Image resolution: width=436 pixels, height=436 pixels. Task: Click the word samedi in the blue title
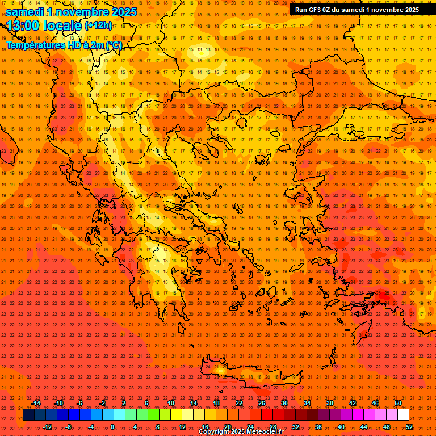[x=25, y=12]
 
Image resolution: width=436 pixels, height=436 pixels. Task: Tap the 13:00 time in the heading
[x=26, y=26]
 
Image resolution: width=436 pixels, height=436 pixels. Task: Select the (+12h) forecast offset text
[x=98, y=26]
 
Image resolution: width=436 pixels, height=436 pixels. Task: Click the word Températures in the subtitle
[x=34, y=45]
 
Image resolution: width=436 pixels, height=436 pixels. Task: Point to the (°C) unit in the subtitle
[x=113, y=45]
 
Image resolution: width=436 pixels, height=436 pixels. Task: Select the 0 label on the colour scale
[x=112, y=427]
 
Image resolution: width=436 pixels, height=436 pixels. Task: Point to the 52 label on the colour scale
[x=409, y=427]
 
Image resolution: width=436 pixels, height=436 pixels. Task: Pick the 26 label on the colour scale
[x=261, y=403]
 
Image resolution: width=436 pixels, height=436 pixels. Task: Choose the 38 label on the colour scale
[x=329, y=403]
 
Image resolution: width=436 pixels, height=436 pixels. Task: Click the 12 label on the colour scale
[x=182, y=427]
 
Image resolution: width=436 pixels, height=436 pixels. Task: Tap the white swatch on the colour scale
[x=403, y=415]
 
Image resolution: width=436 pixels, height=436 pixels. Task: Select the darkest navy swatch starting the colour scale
[x=28, y=415]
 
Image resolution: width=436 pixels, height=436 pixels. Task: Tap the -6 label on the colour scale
[x=79, y=403]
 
